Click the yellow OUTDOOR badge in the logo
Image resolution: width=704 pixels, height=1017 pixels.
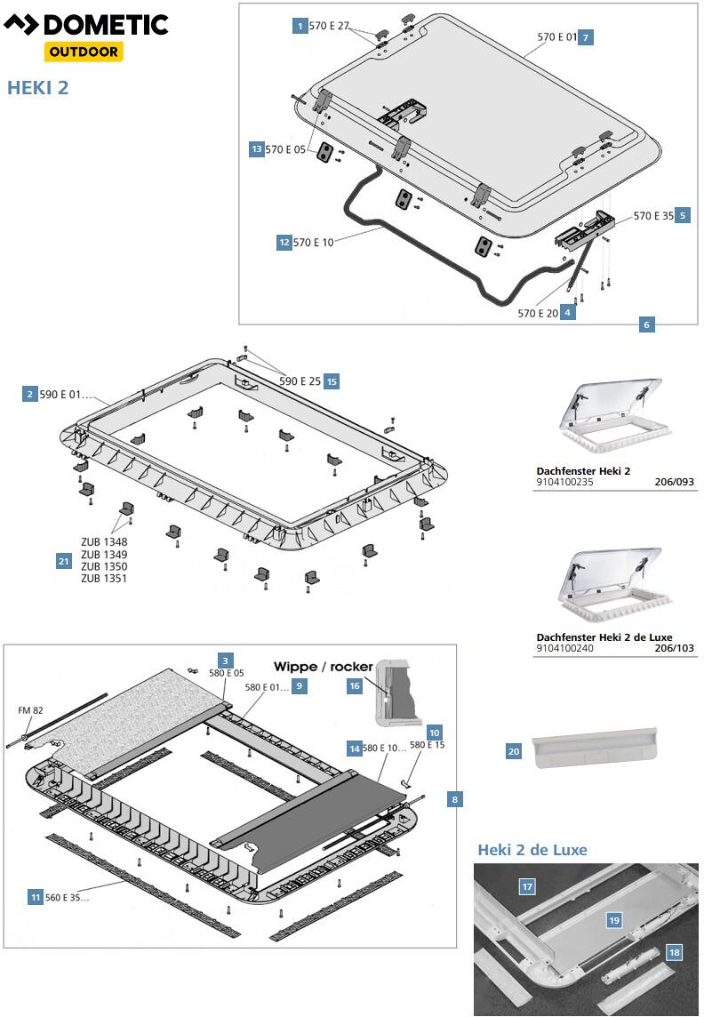(x=84, y=52)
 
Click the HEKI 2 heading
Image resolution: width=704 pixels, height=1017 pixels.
(x=37, y=87)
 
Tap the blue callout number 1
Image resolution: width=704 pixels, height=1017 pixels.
(x=300, y=26)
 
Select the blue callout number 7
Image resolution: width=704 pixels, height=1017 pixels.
(x=586, y=37)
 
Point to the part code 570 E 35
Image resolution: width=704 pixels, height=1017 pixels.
(x=653, y=215)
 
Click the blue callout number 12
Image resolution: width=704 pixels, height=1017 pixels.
(x=284, y=243)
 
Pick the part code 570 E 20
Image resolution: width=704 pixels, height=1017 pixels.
(x=538, y=313)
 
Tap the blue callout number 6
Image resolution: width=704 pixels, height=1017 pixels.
(x=646, y=324)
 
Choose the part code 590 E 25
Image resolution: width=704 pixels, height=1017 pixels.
(x=300, y=381)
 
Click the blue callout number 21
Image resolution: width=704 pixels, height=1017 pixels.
(x=63, y=562)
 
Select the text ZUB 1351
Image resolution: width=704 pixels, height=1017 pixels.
(x=104, y=579)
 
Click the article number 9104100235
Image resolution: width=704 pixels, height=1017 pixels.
(x=564, y=482)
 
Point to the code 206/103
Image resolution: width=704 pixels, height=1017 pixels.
(x=674, y=648)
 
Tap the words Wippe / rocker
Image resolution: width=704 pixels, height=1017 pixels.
(x=323, y=667)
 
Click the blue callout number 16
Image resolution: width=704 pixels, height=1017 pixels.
(x=354, y=685)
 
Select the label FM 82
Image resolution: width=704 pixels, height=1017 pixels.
(x=30, y=710)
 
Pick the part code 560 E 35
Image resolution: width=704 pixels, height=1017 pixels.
(x=67, y=898)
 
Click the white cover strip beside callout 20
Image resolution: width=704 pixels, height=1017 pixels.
(x=595, y=747)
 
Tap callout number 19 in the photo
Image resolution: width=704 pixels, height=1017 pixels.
(x=614, y=920)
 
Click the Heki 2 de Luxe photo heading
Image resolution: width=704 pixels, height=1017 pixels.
(x=532, y=850)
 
